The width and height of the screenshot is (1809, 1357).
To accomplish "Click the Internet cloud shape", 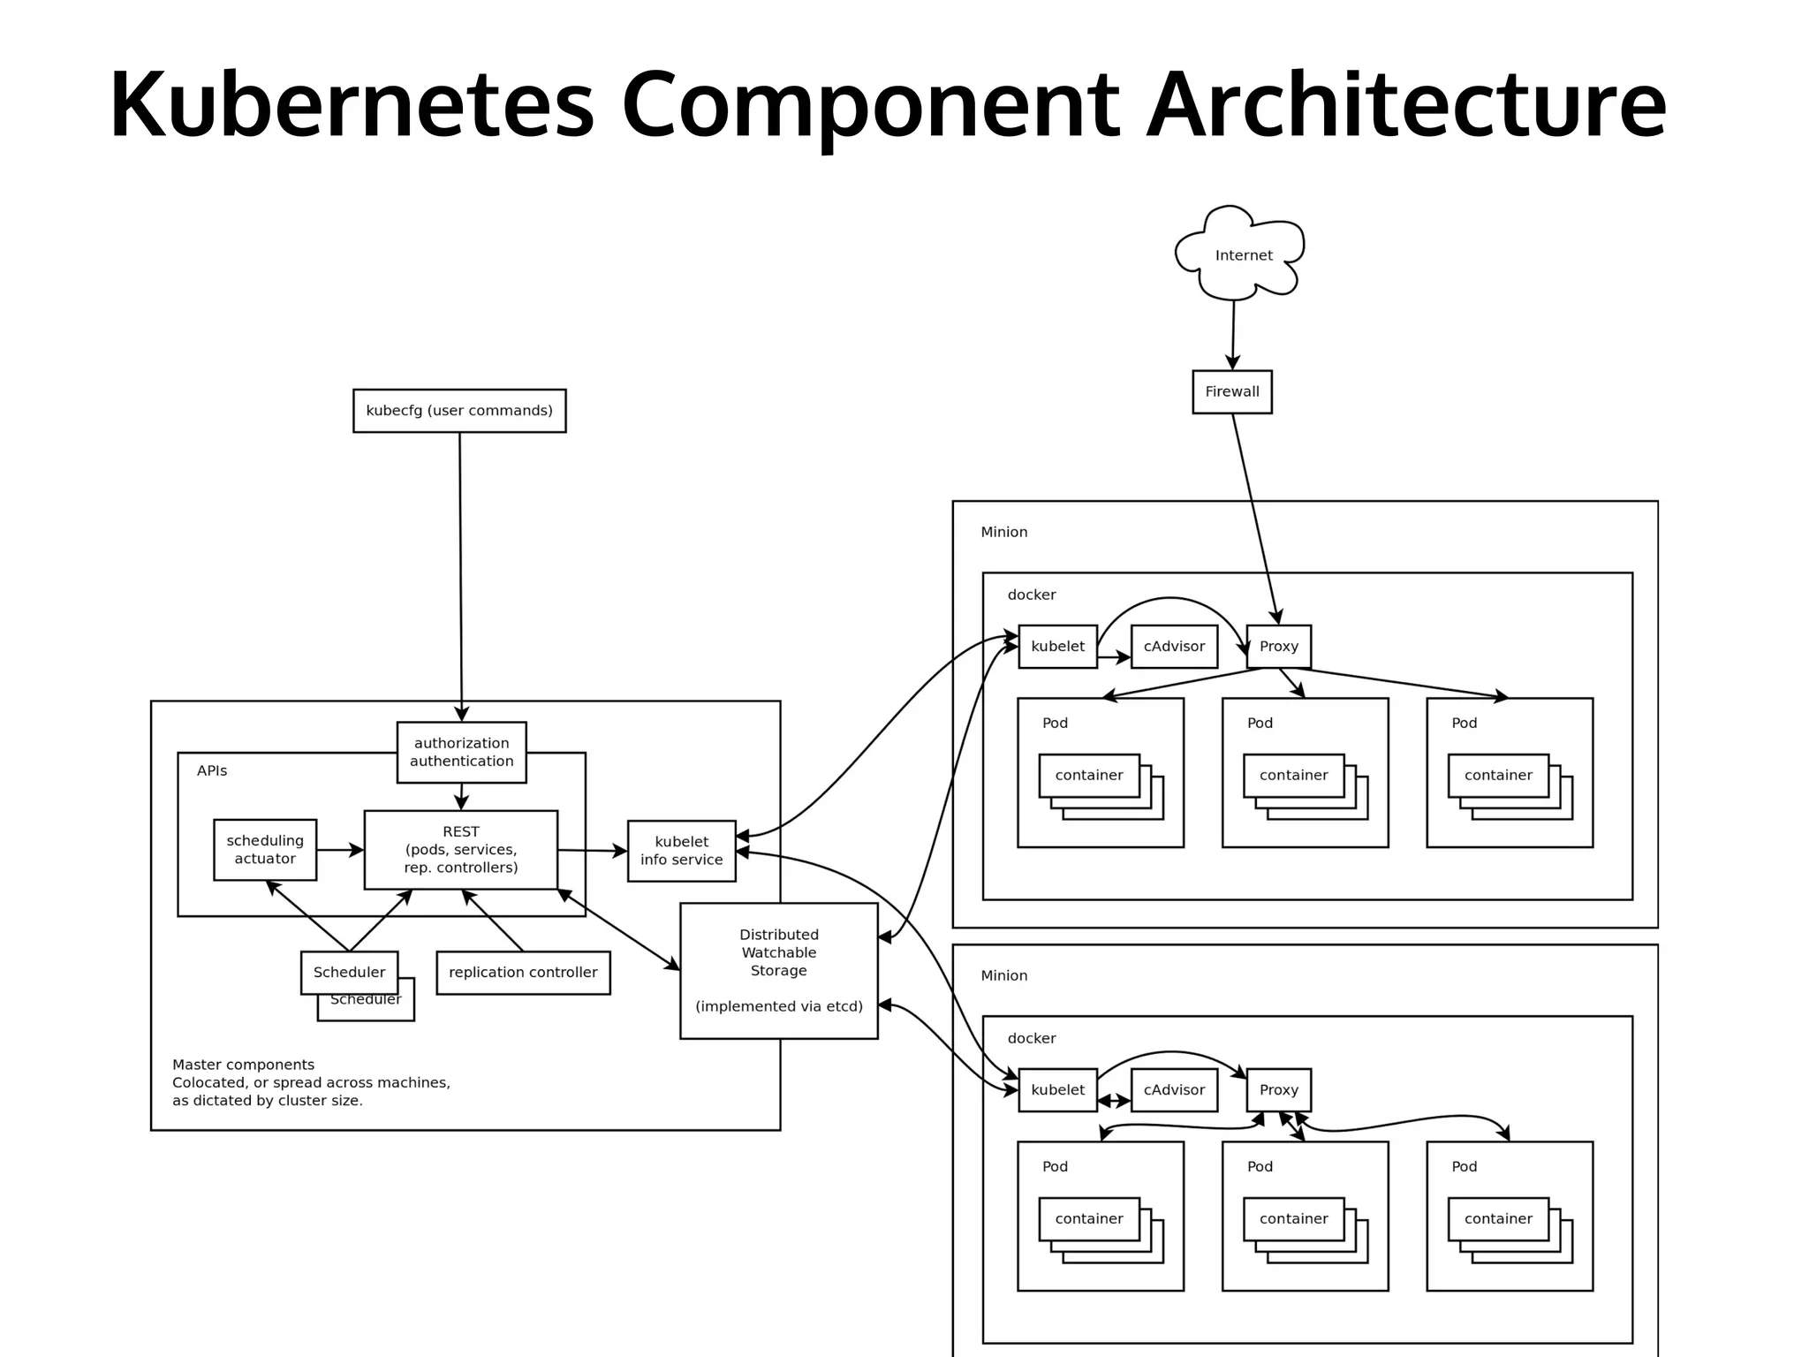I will [1241, 254].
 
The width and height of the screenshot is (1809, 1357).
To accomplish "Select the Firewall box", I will [1231, 391].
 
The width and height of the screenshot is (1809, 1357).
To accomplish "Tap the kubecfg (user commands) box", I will [459, 411].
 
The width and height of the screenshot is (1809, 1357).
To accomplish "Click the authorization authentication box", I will [461, 752].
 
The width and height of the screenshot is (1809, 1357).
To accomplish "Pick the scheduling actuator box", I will [265, 849].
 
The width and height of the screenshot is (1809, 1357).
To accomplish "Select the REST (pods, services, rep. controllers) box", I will [460, 849].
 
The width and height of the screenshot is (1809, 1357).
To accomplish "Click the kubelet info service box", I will [681, 851].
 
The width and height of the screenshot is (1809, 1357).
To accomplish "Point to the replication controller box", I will [523, 972].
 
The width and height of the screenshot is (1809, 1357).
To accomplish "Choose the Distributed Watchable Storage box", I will [778, 970].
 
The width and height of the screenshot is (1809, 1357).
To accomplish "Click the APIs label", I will [212, 770].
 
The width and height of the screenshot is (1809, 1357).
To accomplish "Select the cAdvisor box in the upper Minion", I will [1174, 646].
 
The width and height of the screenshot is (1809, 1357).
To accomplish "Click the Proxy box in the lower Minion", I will [1278, 1089].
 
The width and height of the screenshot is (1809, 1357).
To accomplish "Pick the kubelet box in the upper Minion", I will [1057, 646].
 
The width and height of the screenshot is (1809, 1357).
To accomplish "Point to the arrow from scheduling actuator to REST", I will [340, 850].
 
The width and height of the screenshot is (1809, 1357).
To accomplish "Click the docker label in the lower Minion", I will [1031, 1038].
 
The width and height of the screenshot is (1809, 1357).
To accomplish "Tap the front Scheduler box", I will [349, 972].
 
